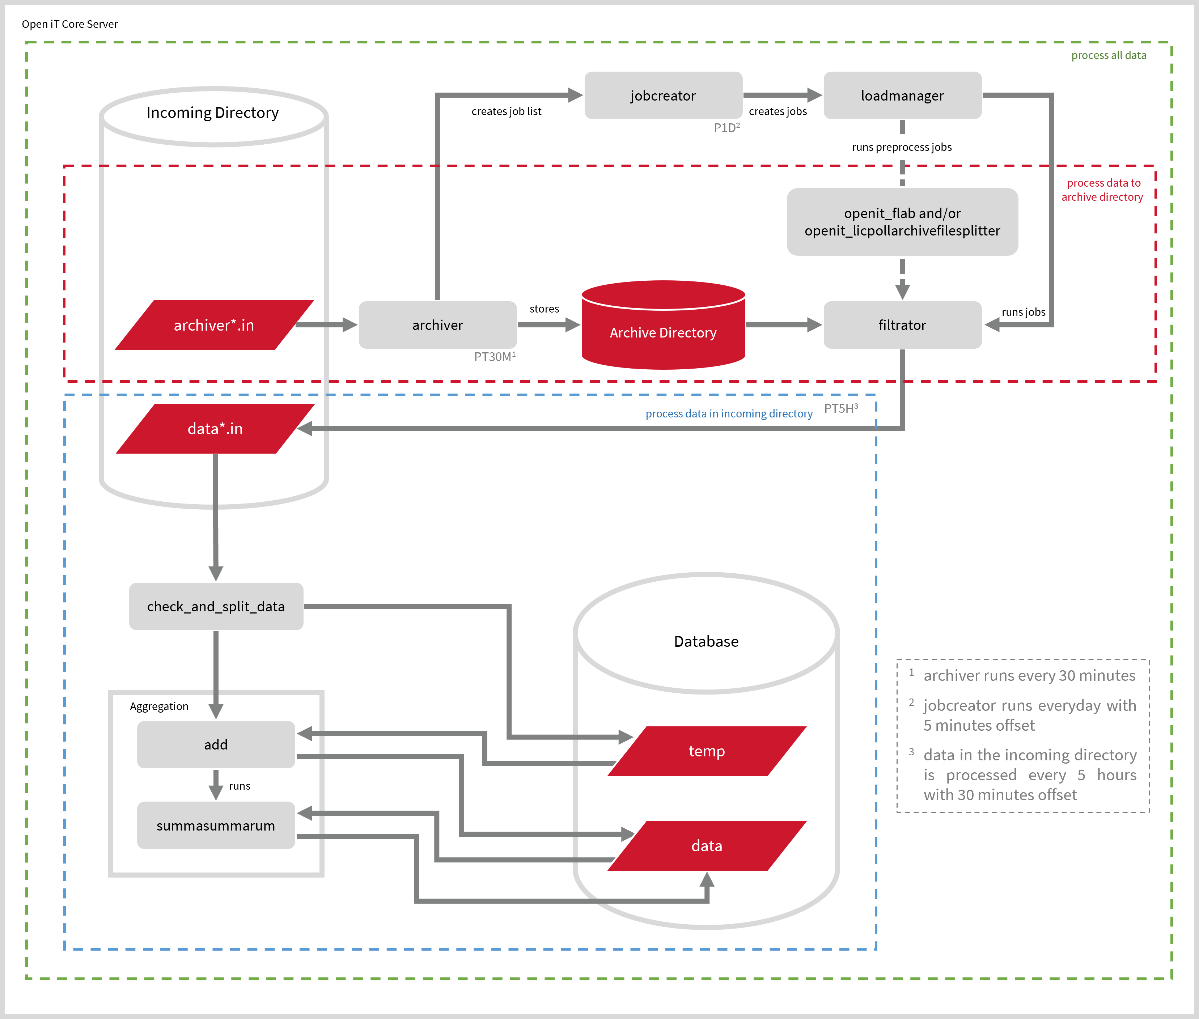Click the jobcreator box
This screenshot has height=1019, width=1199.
pos(663,95)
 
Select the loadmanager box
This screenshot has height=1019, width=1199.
pos(902,95)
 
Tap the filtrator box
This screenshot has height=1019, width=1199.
pos(902,324)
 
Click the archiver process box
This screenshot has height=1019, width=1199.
pos(437,324)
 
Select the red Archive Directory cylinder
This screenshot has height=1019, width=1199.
pos(663,332)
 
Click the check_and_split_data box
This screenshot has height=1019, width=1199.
pos(216,606)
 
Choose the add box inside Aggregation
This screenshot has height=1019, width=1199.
pos(216,744)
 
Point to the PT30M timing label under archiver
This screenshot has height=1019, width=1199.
pos(495,356)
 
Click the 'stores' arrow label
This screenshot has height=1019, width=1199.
pos(544,309)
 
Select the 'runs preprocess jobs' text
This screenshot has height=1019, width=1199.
pos(901,147)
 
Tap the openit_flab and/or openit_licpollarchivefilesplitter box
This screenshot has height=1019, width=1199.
pos(902,222)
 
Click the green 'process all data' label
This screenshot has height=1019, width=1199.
pos(1108,55)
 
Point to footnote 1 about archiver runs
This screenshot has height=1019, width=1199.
pos(1029,675)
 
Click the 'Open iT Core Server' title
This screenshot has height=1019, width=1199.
pos(69,24)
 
